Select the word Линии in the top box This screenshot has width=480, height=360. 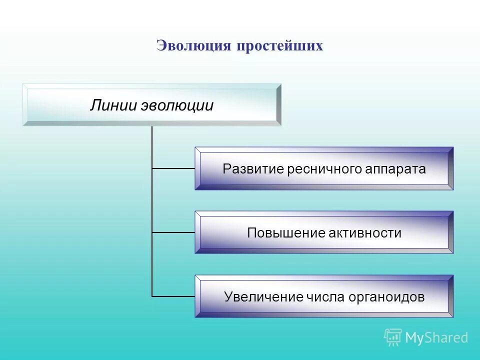click(x=113, y=105)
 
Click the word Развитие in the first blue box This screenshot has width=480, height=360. click(x=253, y=169)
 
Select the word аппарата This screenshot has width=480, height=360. click(x=398, y=169)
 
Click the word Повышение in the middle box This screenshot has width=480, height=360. click(x=286, y=233)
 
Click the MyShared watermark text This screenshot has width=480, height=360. click(x=436, y=338)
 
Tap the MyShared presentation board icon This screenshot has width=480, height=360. click(x=393, y=337)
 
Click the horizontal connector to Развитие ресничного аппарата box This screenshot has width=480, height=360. click(x=173, y=168)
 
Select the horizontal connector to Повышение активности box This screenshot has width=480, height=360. click(x=173, y=232)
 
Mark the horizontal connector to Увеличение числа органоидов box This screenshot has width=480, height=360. click(x=173, y=296)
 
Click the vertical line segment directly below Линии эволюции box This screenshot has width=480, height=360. click(x=152, y=145)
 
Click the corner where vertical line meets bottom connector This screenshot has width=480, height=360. click(x=152, y=296)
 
